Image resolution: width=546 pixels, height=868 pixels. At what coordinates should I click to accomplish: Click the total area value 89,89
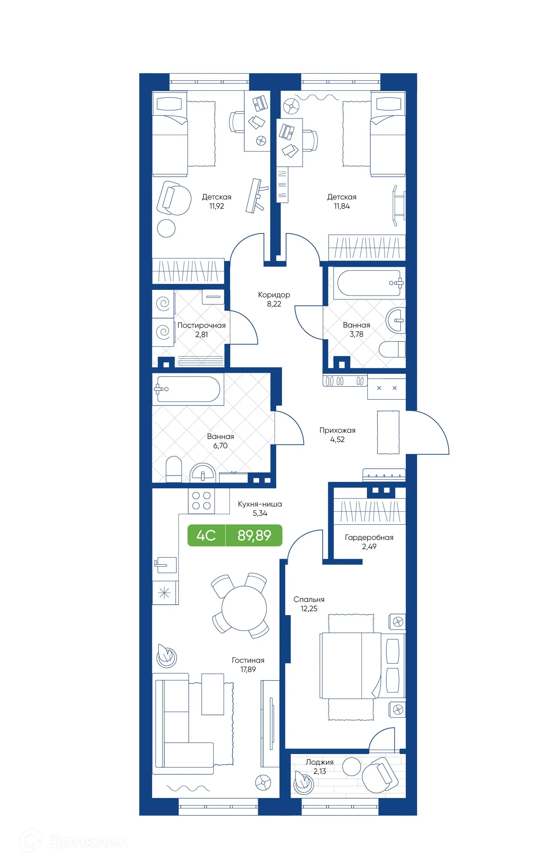click(x=254, y=535)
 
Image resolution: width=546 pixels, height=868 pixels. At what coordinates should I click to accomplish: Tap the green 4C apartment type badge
click(x=206, y=535)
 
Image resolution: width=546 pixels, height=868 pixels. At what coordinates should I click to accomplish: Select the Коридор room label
click(x=274, y=294)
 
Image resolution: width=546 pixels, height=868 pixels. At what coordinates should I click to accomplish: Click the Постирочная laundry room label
click(x=201, y=325)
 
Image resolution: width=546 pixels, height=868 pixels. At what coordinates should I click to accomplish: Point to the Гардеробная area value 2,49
click(x=369, y=546)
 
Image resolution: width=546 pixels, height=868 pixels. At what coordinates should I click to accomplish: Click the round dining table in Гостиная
click(x=244, y=608)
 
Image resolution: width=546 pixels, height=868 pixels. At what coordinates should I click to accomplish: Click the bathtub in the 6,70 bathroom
click(x=188, y=389)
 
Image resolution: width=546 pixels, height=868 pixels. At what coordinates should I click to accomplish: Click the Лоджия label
click(x=319, y=762)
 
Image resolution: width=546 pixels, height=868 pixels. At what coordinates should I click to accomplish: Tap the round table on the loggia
click(x=351, y=767)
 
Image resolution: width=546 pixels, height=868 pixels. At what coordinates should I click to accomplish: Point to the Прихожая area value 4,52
click(x=337, y=440)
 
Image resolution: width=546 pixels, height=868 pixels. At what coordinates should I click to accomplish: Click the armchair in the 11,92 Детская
click(x=174, y=198)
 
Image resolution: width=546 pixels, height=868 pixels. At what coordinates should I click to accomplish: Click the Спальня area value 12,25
click(x=309, y=608)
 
